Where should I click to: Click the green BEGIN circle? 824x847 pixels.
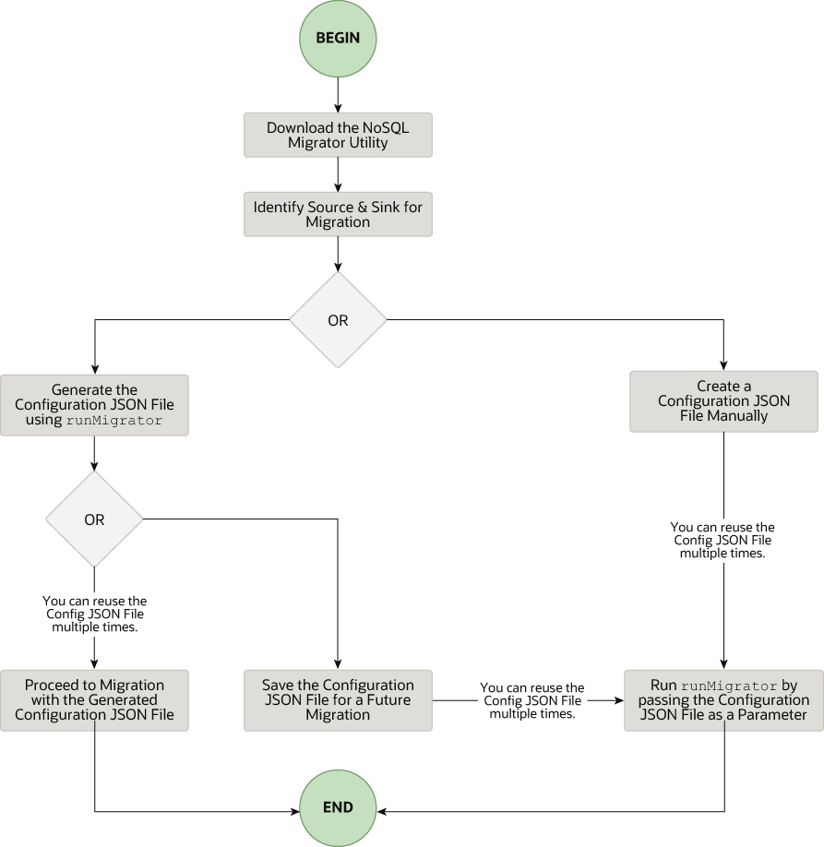(338, 39)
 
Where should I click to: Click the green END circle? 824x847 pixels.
(338, 807)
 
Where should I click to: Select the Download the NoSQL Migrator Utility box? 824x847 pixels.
(338, 136)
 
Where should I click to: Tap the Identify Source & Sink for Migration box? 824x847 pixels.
(338, 214)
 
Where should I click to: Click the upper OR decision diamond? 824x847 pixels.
(338, 320)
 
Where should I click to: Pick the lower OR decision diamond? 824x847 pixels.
(94, 519)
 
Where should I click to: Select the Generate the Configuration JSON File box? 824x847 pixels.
(94, 405)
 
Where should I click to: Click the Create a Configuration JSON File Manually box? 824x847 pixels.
(723, 401)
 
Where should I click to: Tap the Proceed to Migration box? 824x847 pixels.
(94, 700)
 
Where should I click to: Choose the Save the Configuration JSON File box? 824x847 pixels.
(338, 700)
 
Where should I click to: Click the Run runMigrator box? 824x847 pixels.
(723, 700)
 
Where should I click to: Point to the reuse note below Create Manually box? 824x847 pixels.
(723, 540)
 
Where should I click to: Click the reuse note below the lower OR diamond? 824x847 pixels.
(94, 614)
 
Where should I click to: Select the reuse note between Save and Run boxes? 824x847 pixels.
(532, 701)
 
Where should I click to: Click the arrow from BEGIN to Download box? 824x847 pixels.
(338, 95)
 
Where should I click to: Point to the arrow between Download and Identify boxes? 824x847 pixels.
(338, 174)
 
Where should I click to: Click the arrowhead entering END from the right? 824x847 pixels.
(382, 812)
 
